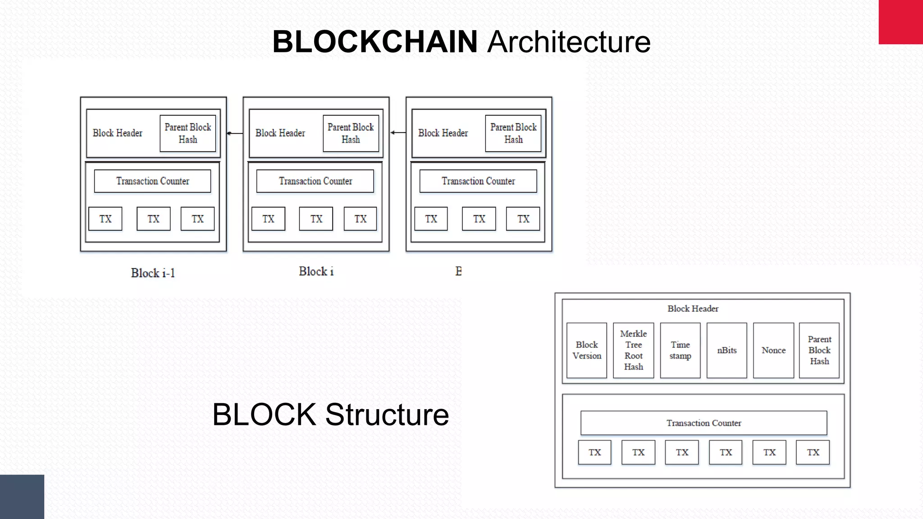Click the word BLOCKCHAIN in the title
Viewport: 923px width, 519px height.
tap(375, 41)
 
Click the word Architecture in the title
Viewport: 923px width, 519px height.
tap(569, 41)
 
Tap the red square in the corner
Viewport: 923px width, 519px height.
tap(900, 22)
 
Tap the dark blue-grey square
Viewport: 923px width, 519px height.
tap(22, 496)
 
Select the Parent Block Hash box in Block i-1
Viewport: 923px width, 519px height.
tap(188, 133)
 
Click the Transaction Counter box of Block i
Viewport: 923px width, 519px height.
tap(315, 181)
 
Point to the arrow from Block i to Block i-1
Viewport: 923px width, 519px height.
tap(235, 133)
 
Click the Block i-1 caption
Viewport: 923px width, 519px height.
tap(153, 273)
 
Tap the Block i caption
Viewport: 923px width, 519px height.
tap(316, 271)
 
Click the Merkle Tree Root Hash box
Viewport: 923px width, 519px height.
tap(633, 350)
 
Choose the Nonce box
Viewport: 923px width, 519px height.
tap(773, 350)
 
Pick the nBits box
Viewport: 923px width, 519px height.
tap(727, 350)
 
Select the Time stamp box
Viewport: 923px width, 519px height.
tap(680, 350)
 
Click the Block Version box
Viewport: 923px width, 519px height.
tap(586, 350)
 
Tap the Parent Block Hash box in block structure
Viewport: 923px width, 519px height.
tap(819, 350)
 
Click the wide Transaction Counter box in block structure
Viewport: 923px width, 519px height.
tap(704, 423)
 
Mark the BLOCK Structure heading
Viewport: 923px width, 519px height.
tap(330, 414)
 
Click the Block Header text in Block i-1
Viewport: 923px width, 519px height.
tap(118, 133)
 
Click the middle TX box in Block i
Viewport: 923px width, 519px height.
tap(316, 219)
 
